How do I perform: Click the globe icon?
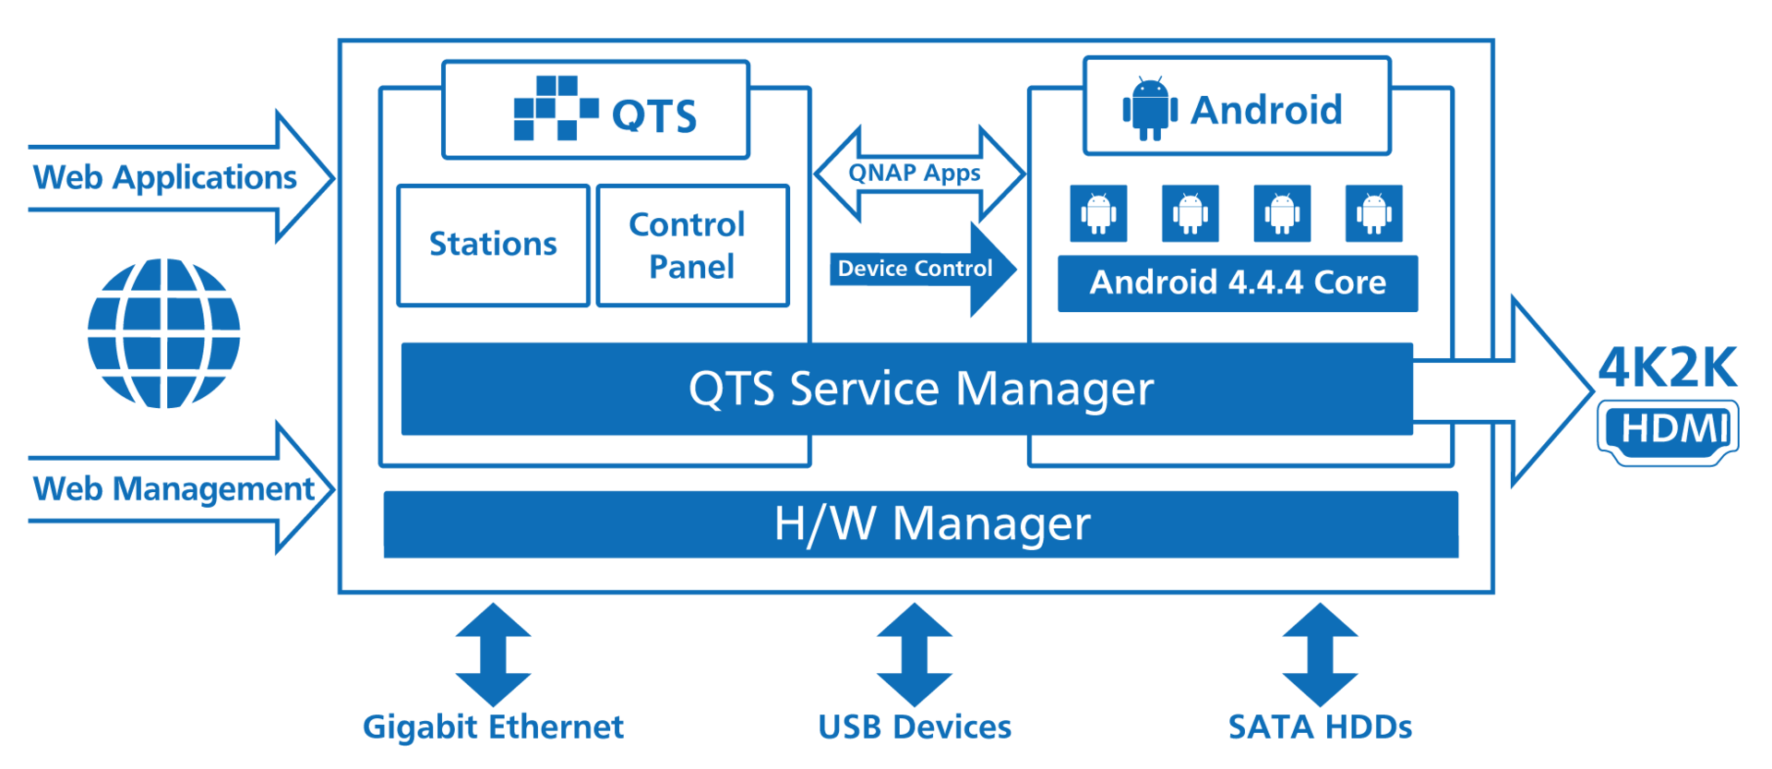164,333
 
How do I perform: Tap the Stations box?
493,245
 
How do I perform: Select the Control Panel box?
692,245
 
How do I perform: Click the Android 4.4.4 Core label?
1237,283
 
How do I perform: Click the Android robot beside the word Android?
1149,109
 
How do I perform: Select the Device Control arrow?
923,269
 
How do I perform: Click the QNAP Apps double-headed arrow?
918,174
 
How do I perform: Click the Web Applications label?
165,177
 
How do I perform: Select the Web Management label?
174,489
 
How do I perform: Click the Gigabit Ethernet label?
493,727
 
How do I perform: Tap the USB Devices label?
915,727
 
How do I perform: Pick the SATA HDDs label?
1320,727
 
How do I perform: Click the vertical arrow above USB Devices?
914,655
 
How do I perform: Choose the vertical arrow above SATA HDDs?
1320,655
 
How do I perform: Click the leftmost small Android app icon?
1097,213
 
